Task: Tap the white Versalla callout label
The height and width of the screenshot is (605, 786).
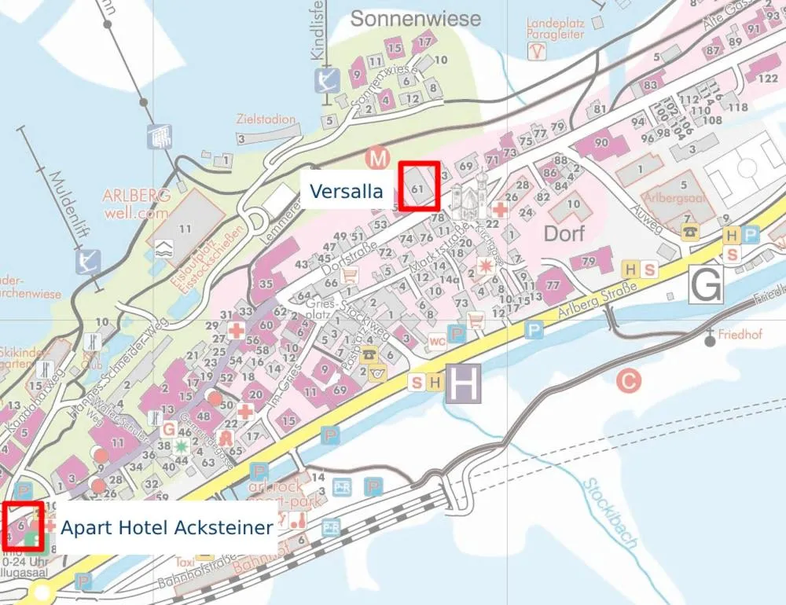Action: tap(346, 191)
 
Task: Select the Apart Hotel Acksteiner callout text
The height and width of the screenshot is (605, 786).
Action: tap(167, 527)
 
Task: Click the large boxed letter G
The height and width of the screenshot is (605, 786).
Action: tap(705, 284)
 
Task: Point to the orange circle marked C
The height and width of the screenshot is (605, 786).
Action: tap(628, 382)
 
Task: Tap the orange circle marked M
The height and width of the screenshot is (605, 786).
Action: tap(378, 159)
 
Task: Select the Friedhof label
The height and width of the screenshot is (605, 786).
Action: tap(740, 334)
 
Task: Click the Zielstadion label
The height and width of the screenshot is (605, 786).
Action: tap(266, 119)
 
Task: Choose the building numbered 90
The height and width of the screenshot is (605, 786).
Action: tap(601, 144)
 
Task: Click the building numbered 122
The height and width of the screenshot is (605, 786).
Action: tap(767, 79)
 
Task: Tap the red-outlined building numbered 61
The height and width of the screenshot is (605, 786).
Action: tap(418, 187)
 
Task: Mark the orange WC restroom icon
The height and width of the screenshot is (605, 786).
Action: tap(437, 341)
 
